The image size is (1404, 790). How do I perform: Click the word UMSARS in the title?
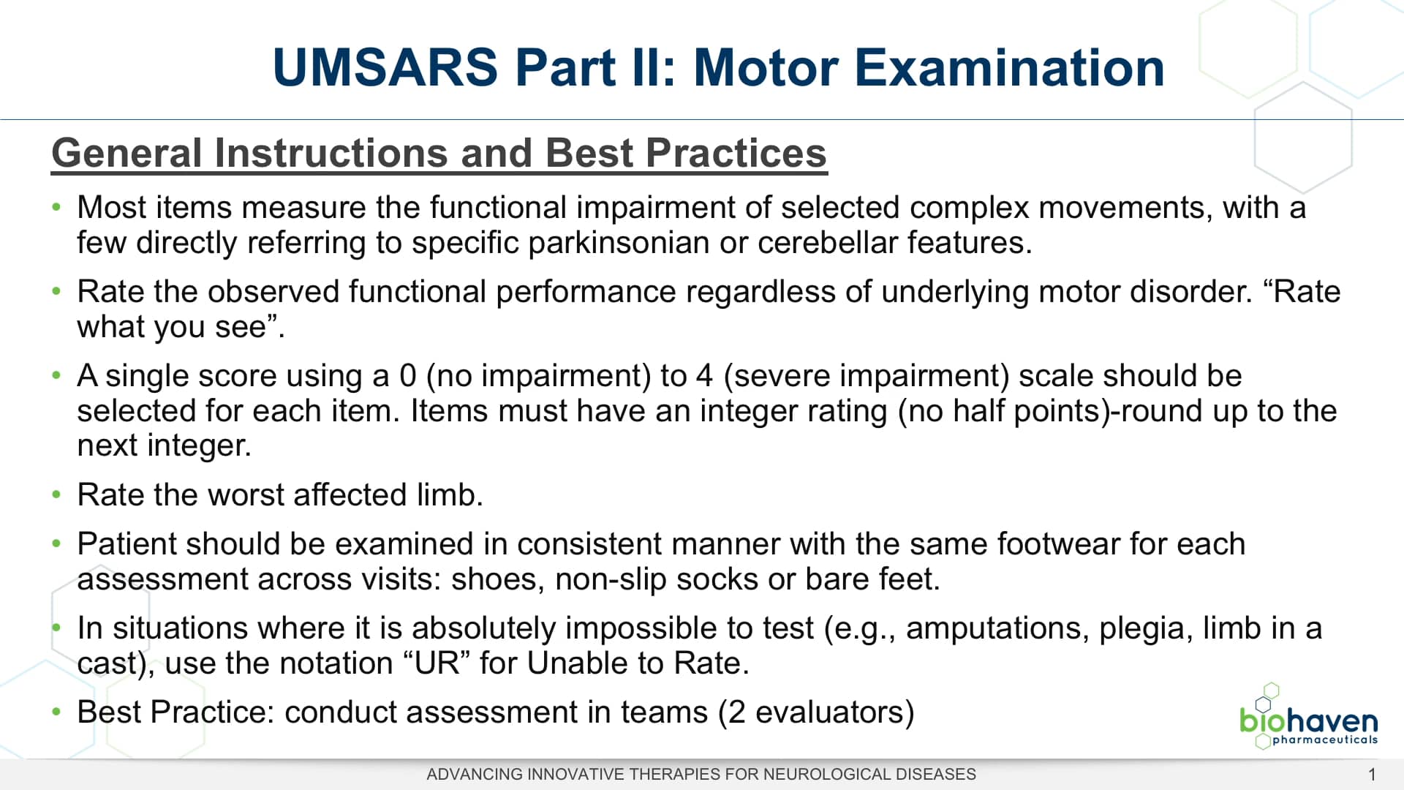pos(385,67)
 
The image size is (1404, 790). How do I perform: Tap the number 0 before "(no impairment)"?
pos(407,376)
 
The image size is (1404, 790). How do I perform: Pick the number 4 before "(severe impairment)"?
pos(704,376)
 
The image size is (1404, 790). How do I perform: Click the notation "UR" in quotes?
pos(437,663)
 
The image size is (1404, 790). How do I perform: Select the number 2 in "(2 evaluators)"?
pos(736,712)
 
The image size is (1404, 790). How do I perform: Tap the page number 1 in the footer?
pos(1372,774)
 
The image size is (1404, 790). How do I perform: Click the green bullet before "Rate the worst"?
pos(56,495)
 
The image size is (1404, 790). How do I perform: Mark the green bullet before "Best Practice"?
pos(56,712)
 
